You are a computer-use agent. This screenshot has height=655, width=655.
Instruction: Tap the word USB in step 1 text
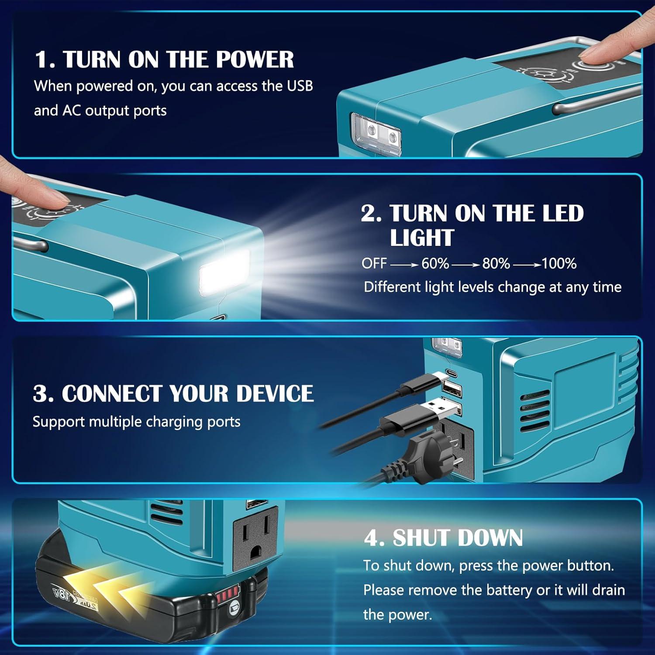click(x=300, y=86)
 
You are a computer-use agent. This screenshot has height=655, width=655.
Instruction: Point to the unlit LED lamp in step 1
click(x=376, y=133)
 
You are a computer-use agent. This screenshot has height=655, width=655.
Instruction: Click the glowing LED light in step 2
click(x=224, y=274)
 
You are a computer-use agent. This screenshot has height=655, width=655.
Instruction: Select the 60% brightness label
click(x=435, y=263)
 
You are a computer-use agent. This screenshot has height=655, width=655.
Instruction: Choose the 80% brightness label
click(x=496, y=263)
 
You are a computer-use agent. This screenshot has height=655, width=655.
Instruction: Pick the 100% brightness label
click(x=559, y=263)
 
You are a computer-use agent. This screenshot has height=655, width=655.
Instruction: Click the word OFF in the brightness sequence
click(x=374, y=263)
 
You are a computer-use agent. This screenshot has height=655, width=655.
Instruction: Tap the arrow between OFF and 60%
click(x=404, y=264)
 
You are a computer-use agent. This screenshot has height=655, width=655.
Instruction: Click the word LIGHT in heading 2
click(x=422, y=238)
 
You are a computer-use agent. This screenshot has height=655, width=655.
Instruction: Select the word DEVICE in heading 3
click(x=275, y=393)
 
